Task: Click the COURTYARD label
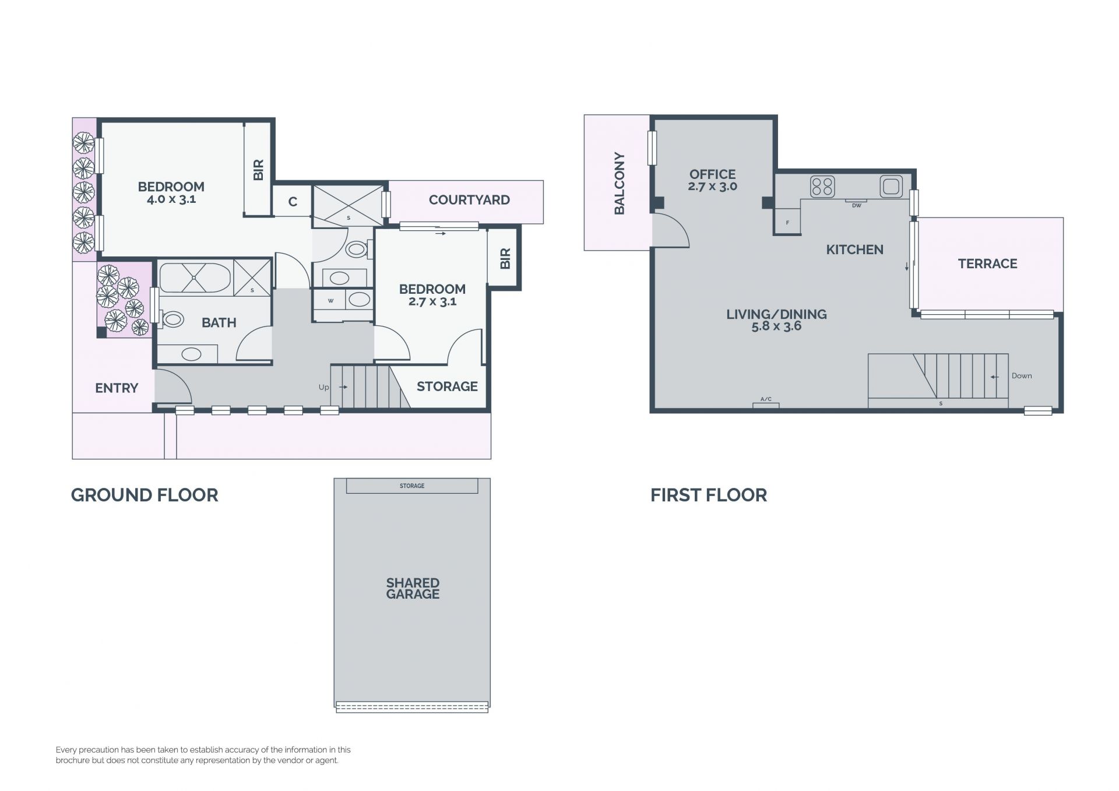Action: tap(469, 200)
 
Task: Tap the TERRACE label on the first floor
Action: tap(987, 263)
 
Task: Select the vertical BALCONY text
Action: tap(620, 183)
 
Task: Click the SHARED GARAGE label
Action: tap(413, 589)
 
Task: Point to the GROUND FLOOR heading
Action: tap(145, 495)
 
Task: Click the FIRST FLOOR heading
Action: tap(709, 495)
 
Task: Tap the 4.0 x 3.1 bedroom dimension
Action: tap(171, 199)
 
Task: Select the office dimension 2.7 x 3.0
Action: tap(712, 187)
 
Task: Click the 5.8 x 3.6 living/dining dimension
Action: tap(776, 326)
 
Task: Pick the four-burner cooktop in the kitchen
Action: tap(822, 187)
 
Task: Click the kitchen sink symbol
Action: tap(891, 187)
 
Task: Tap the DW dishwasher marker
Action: tap(856, 205)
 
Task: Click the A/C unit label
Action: tap(766, 399)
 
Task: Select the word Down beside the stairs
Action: tap(1022, 376)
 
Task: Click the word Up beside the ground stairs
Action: tap(323, 387)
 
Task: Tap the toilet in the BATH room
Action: tap(173, 319)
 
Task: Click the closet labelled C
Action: tap(293, 202)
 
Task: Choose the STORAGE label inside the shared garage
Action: tap(412, 486)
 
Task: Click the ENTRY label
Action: tap(117, 388)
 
